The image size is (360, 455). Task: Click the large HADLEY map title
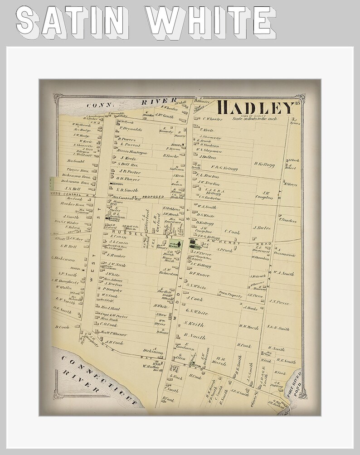255,108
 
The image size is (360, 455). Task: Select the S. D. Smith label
126,190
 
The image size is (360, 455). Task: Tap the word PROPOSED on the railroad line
152,197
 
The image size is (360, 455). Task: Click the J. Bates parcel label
262,227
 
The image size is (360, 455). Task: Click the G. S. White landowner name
196,313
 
